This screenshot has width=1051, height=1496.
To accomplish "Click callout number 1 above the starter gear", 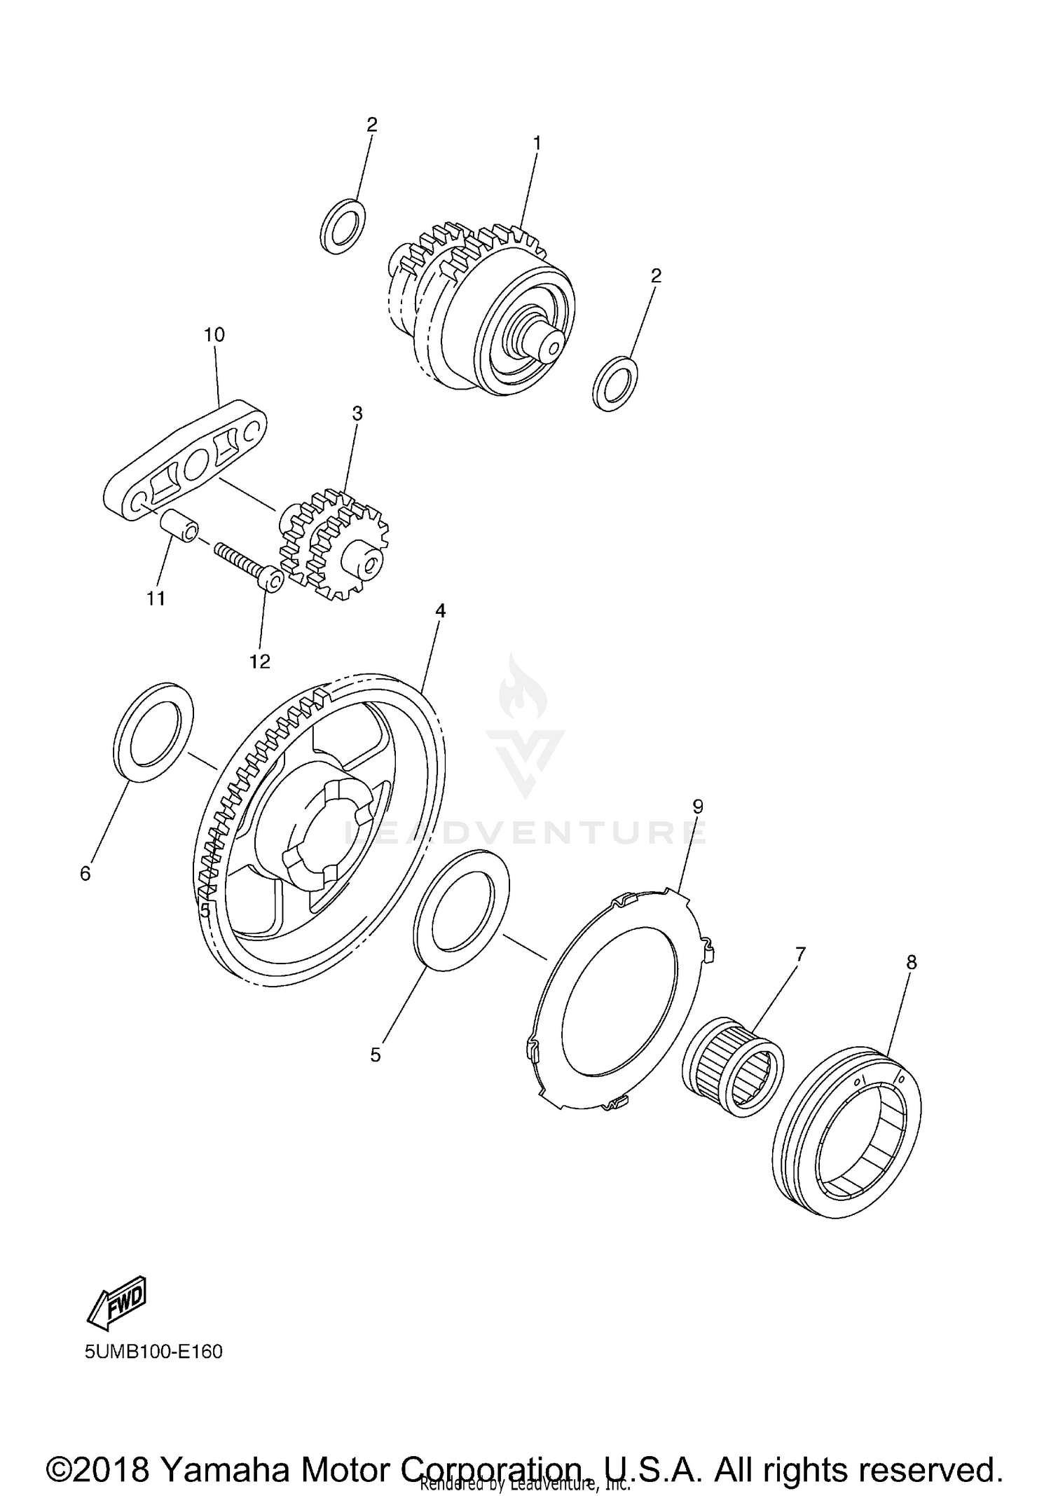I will pos(537,143).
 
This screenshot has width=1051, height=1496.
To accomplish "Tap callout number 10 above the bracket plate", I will pos(214,335).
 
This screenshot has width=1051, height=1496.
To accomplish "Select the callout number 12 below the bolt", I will pos(260,661).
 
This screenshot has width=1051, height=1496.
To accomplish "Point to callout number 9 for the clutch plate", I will pos(697,807).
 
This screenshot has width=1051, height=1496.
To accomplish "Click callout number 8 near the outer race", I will pos(911,963).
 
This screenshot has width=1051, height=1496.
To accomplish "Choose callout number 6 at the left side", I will pos(85,873).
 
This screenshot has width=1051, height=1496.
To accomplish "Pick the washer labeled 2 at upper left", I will pos(343,226).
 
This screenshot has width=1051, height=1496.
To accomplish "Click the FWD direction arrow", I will pos(117,1301).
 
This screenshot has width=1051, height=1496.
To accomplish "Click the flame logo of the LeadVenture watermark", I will pos(522,690).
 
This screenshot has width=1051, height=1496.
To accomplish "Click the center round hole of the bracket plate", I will pos(195,461).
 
